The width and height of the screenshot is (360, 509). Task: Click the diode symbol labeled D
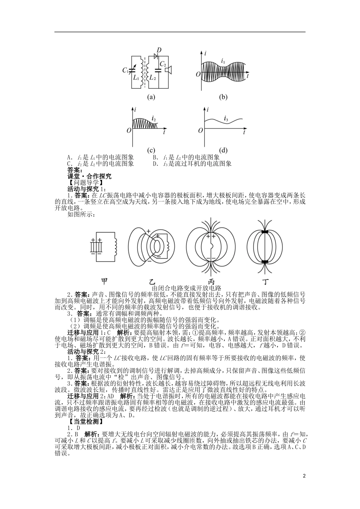(156, 56)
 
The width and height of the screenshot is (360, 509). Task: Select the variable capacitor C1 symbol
(132, 70)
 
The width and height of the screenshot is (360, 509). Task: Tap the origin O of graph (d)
(200, 131)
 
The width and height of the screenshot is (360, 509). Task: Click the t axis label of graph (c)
(164, 133)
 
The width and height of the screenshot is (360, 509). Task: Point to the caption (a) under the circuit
(151, 97)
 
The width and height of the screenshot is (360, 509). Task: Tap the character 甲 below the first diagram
(105, 281)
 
